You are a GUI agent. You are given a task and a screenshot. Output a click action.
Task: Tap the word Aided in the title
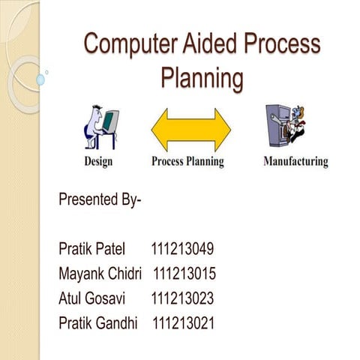coord(207,44)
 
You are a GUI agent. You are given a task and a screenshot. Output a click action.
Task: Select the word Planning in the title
coord(202,77)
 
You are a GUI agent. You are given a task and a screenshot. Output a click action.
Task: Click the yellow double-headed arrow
coord(191,130)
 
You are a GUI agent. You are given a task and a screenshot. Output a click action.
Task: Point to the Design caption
coord(99,161)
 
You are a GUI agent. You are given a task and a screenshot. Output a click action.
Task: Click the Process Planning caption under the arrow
coord(187,161)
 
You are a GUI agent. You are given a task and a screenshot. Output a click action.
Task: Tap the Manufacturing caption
coord(295,161)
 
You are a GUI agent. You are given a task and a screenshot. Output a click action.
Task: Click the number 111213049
coord(183,248)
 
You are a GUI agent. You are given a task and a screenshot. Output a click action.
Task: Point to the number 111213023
coord(182,298)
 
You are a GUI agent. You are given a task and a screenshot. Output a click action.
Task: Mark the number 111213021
coord(184,323)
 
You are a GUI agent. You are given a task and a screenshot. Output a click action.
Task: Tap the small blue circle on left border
coord(46,73)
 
